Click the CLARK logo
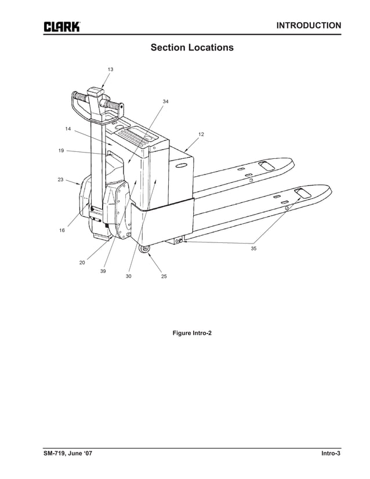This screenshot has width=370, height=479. [x=61, y=27]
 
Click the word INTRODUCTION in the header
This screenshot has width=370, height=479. [x=309, y=26]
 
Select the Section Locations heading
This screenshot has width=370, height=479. [x=192, y=47]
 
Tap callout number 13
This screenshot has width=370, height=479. [x=110, y=69]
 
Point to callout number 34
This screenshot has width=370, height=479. [x=165, y=101]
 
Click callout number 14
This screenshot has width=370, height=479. [x=68, y=129]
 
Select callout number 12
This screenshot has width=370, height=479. [x=201, y=134]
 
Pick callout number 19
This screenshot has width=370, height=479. [x=61, y=151]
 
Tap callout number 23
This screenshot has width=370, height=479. [x=60, y=180]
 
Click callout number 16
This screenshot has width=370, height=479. [x=62, y=230]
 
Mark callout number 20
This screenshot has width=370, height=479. [x=82, y=263]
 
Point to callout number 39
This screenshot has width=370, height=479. [x=103, y=271]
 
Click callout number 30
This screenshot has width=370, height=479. [x=128, y=276]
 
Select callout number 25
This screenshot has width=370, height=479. [x=164, y=277]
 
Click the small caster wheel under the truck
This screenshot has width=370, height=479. [x=145, y=249]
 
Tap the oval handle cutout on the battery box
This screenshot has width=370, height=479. [x=181, y=166]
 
